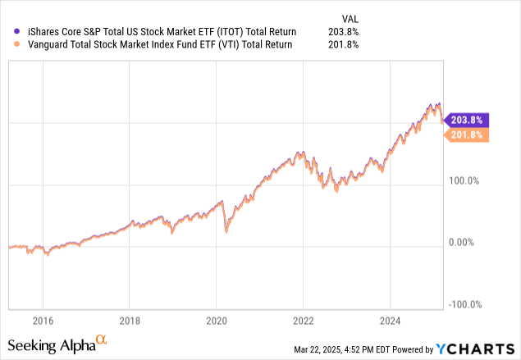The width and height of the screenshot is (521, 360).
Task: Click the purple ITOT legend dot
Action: click(7, 31)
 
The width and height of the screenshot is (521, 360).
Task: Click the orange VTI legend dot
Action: click(7, 44)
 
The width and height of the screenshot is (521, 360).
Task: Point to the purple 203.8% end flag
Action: click(468, 119)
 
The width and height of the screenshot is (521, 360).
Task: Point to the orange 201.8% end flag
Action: click(468, 134)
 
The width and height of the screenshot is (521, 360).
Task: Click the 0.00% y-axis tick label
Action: click(470, 243)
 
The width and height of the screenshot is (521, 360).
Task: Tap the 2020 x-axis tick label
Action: click(216, 321)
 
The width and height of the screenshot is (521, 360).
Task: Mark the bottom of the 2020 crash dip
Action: click(226, 233)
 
